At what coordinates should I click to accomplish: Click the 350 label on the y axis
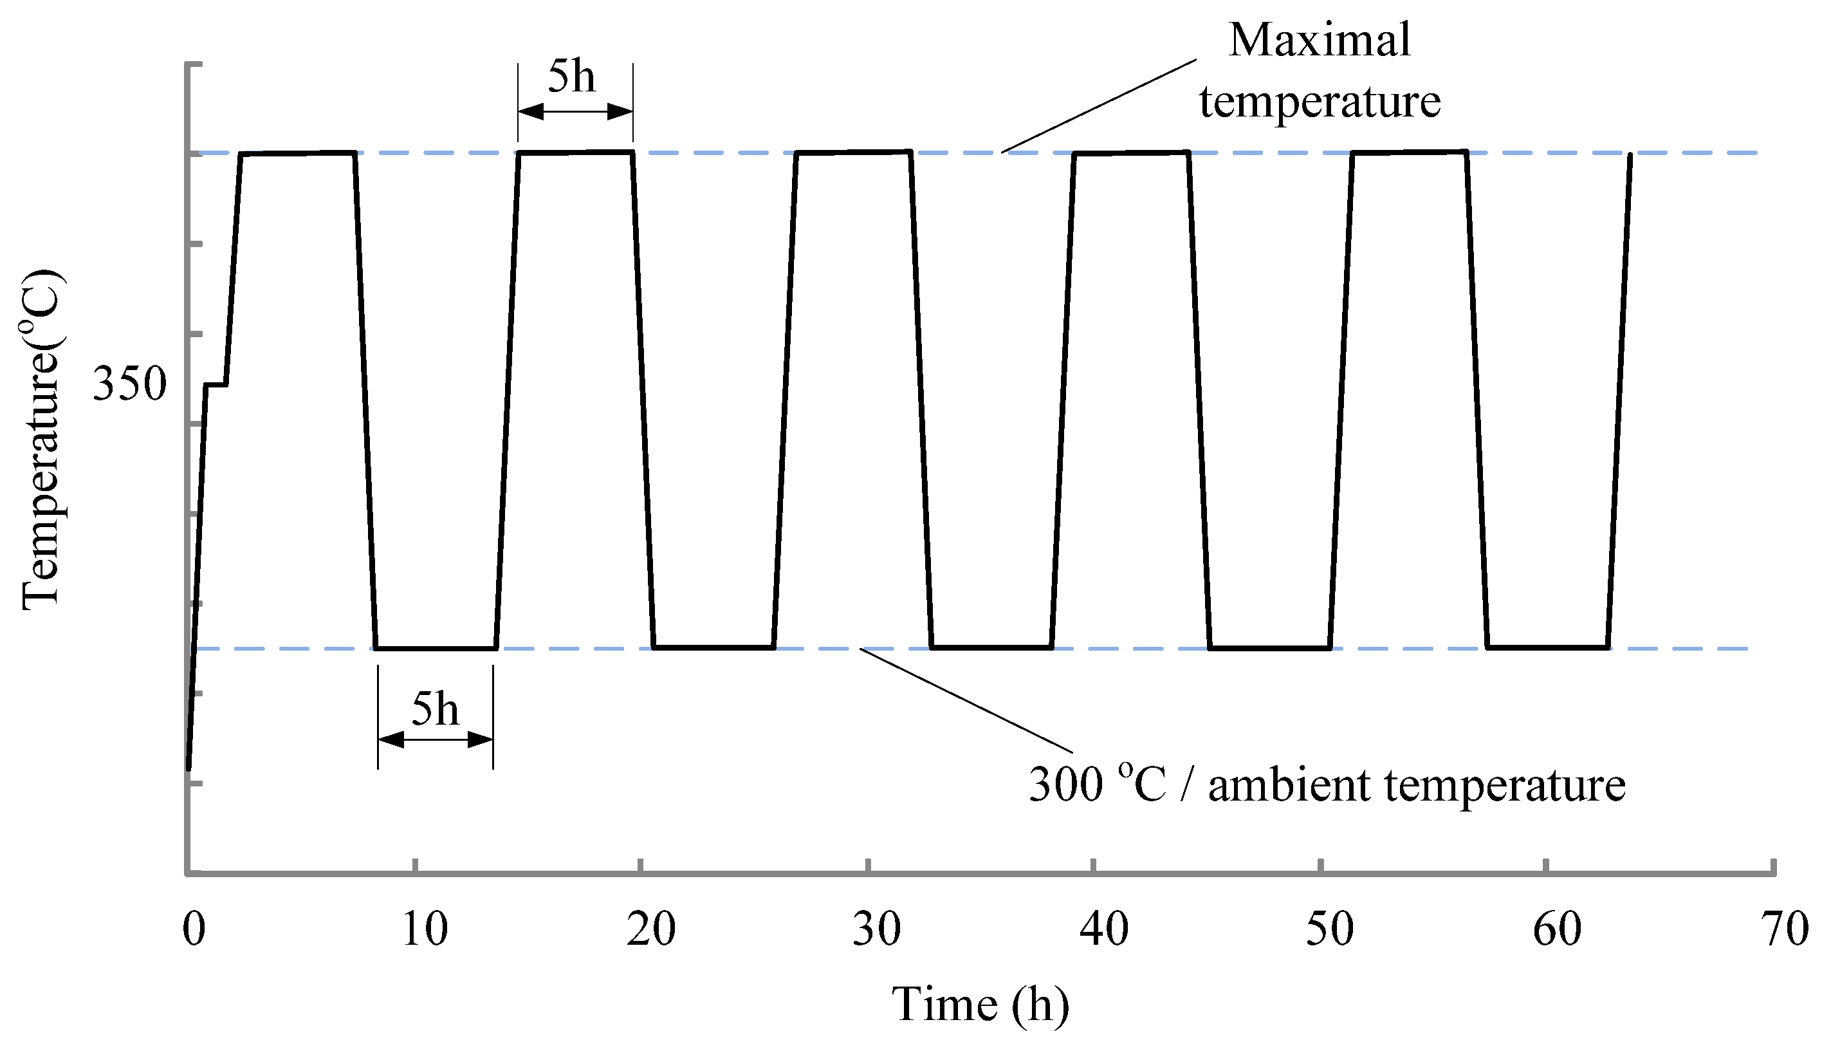(129, 384)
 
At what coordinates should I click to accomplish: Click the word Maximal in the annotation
(1320, 40)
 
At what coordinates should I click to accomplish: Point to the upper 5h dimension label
(571, 77)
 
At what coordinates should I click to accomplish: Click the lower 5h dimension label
(435, 710)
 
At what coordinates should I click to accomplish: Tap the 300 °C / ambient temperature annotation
(1327, 785)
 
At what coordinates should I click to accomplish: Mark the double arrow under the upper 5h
(575, 111)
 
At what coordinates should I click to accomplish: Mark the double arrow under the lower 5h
(436, 740)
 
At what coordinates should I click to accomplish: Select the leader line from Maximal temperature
(1100, 106)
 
